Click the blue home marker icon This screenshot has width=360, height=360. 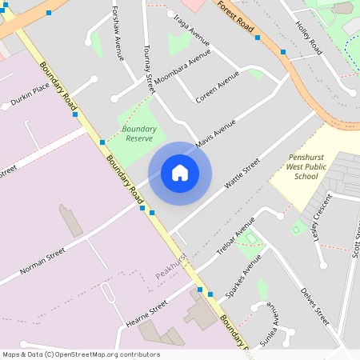180,173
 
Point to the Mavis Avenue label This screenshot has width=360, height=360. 217,134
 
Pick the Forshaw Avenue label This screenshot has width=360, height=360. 118,37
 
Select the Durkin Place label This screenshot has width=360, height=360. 30,96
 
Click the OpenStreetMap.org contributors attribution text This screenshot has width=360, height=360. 103,354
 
